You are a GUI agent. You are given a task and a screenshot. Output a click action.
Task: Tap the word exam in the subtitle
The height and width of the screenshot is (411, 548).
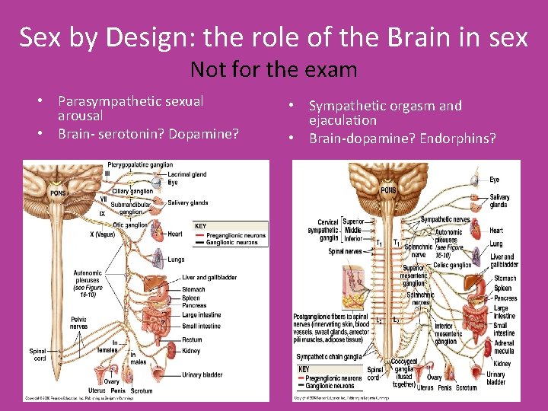(x=330, y=70)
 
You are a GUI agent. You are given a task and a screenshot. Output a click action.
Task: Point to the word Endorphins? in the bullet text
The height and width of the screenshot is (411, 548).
(x=452, y=138)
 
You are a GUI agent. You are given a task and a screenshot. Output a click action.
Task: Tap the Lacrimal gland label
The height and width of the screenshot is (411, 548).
(x=188, y=174)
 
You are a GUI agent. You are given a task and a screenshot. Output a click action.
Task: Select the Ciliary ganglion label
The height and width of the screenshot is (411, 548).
(x=132, y=191)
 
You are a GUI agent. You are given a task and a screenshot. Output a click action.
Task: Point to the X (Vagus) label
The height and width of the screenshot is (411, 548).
(x=96, y=234)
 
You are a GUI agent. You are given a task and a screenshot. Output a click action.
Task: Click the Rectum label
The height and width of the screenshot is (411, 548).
(x=193, y=339)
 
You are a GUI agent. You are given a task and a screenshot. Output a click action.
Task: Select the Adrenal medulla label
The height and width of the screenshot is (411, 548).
(x=504, y=347)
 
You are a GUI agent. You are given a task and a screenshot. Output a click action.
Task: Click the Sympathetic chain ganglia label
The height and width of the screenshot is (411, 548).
(x=330, y=357)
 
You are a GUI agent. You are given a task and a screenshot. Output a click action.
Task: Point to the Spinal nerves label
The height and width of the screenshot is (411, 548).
(x=346, y=251)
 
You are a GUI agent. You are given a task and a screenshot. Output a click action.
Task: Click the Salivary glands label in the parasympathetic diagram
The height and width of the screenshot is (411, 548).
(x=188, y=202)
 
